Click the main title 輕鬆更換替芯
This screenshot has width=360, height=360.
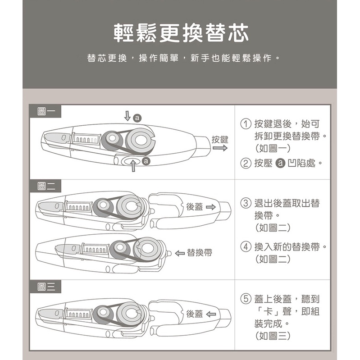[181, 33]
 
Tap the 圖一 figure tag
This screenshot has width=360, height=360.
[46, 112]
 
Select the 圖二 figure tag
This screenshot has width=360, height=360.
[46, 186]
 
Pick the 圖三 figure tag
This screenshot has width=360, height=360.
[46, 287]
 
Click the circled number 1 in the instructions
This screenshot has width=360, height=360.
[246, 124]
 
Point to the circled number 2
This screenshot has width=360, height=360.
[246, 163]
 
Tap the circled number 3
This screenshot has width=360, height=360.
[246, 203]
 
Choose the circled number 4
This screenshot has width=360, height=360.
[246, 247]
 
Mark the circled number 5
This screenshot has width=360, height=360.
[246, 299]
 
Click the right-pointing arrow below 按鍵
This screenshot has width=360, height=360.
[220, 148]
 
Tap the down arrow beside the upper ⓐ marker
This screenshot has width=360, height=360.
[127, 116]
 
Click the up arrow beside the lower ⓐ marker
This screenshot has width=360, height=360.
[133, 165]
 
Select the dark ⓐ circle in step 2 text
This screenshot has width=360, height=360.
[280, 163]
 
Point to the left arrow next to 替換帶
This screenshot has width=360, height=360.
[180, 253]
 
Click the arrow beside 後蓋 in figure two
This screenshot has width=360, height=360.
[211, 207]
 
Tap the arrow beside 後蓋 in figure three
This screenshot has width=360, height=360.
[211, 314]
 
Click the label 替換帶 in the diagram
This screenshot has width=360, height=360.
[199, 253]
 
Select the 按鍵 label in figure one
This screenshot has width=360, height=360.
[220, 139]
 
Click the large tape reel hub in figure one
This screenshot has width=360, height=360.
[140, 140]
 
